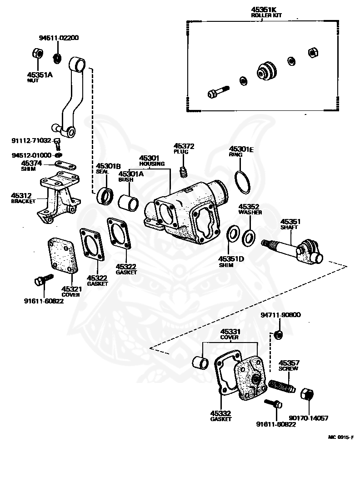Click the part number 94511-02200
click(x=59, y=38)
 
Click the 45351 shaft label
click(x=290, y=224)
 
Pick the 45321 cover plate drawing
click(x=62, y=256)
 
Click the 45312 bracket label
click(x=23, y=198)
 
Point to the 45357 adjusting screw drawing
click(x=282, y=386)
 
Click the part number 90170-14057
click(x=308, y=418)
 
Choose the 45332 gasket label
click(x=221, y=416)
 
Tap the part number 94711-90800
click(x=280, y=315)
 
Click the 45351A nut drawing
click(x=38, y=53)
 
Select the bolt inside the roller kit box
click(x=218, y=91)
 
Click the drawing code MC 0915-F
click(x=340, y=437)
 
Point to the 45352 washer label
click(x=250, y=209)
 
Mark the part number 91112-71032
click(x=31, y=140)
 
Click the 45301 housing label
click(x=152, y=161)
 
